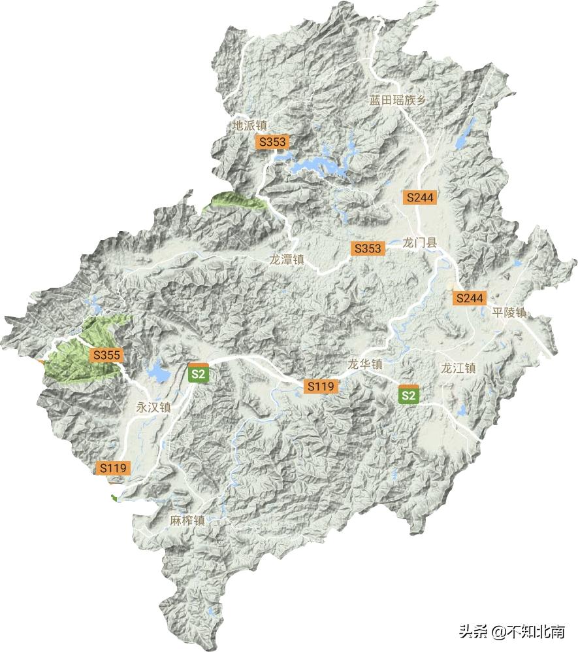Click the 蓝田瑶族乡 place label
398,100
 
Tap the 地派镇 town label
250,124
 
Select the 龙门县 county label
419,243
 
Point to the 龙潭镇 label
287,259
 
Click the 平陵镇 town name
509,313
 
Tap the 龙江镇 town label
458,368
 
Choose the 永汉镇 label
153,406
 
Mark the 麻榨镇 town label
187,521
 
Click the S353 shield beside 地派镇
272,141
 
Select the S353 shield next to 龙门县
368,249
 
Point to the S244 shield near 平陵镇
470,298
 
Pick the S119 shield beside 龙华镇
321,386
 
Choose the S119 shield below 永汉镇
113,468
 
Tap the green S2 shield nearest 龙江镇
408,394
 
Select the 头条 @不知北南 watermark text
511,631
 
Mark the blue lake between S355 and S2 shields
158,373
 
